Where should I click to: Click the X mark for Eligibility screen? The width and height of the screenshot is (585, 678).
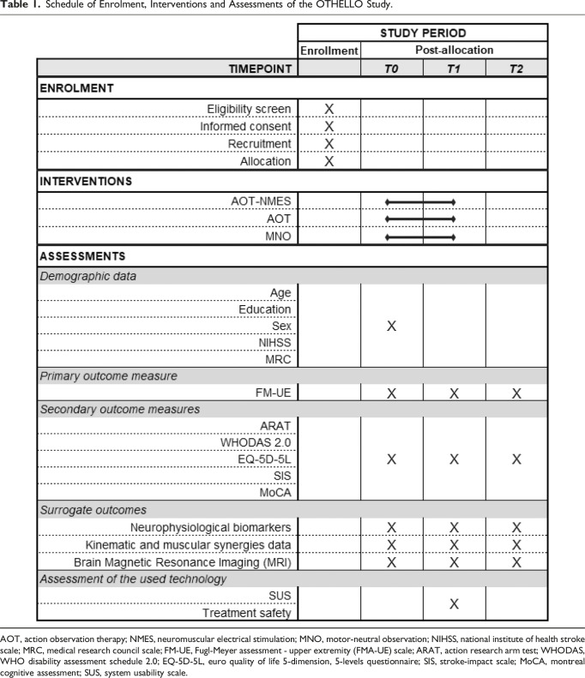click(x=329, y=109)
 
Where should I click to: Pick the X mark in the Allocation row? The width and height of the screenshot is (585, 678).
click(x=329, y=161)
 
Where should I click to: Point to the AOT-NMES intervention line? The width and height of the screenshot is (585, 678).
click(x=420, y=201)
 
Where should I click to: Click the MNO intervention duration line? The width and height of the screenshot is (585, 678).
click(x=420, y=237)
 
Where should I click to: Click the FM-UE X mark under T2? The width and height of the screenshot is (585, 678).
click(x=516, y=393)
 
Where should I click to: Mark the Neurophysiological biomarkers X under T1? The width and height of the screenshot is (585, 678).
click(x=454, y=527)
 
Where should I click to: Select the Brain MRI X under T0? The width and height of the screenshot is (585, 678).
click(x=391, y=561)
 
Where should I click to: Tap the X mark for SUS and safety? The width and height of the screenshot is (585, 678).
click(x=454, y=604)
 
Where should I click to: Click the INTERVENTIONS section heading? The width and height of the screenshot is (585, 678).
click(x=86, y=182)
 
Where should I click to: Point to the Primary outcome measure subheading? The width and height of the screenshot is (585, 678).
click(x=99, y=375)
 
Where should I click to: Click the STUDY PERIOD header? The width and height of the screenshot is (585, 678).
click(x=422, y=33)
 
